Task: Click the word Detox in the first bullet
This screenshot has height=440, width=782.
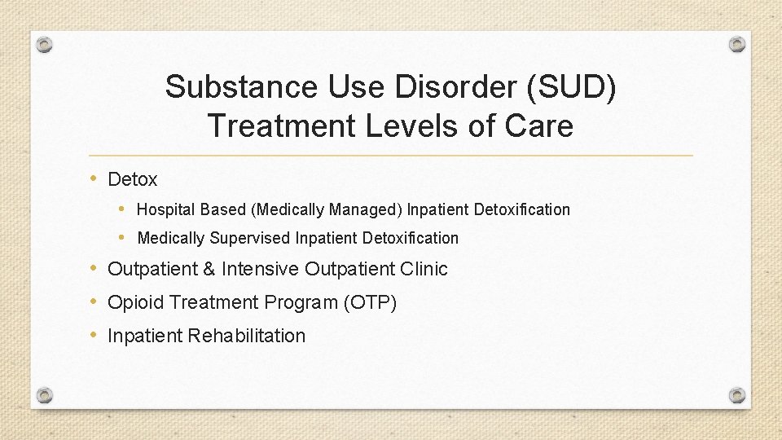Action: click(x=133, y=179)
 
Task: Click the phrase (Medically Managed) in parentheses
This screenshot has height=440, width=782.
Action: click(x=327, y=209)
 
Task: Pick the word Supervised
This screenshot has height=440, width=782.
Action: click(x=249, y=238)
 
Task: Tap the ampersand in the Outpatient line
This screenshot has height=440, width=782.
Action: click(x=210, y=269)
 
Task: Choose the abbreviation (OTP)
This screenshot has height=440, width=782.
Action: click(x=370, y=302)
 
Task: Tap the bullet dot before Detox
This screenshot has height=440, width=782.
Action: click(x=94, y=178)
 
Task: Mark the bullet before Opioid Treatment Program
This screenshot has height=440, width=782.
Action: click(x=94, y=301)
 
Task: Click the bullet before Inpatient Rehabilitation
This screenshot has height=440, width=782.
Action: click(x=94, y=335)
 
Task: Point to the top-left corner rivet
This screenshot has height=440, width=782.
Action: click(x=46, y=44)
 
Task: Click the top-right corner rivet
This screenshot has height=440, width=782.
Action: click(x=736, y=44)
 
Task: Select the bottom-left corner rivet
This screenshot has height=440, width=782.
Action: click(x=46, y=395)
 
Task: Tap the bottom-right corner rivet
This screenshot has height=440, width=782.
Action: click(x=736, y=395)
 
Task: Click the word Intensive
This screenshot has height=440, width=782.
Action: click(x=260, y=269)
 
